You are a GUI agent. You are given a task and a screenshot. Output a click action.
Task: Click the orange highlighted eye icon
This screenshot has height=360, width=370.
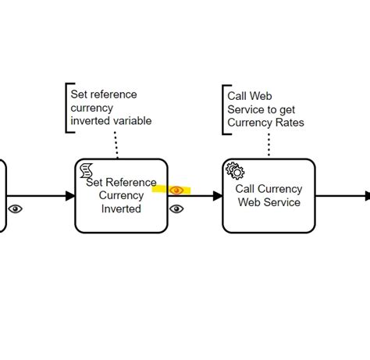[x=176, y=191]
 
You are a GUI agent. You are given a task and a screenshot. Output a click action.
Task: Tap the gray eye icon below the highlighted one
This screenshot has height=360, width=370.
[x=176, y=209]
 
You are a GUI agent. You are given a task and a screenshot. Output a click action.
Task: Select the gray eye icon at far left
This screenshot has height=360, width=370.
[x=15, y=209]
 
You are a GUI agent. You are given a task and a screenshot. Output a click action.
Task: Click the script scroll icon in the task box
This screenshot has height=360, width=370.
[x=87, y=170]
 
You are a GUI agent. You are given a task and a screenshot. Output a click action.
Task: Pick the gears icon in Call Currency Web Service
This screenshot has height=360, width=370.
[x=235, y=170]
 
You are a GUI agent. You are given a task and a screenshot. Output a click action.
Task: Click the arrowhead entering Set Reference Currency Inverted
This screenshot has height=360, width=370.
[x=70, y=196]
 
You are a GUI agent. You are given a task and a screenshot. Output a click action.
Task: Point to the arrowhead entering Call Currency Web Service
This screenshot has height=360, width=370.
[x=218, y=196]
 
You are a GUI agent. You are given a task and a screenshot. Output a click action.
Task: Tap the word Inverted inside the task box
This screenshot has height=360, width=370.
[x=121, y=209]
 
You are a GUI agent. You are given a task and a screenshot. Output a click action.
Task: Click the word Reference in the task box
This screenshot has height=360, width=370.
[x=131, y=182]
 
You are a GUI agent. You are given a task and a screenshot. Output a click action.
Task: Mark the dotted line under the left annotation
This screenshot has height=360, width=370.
[x=116, y=145]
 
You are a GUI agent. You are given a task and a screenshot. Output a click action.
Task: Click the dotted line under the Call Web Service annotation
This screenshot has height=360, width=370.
[x=269, y=144]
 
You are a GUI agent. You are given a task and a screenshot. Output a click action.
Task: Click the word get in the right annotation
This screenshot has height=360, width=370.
[x=287, y=110]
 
